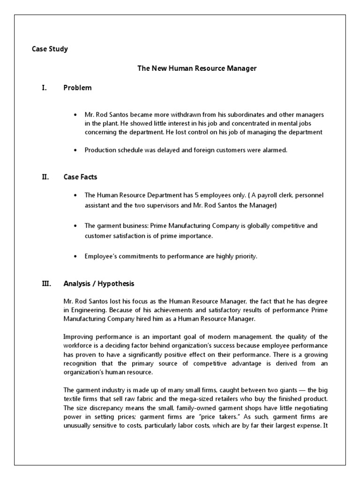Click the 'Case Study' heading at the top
50,49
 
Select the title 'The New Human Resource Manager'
197,68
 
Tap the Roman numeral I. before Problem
44,88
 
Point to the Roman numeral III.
45,284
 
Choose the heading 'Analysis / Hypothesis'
99,284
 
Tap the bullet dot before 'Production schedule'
75,150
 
